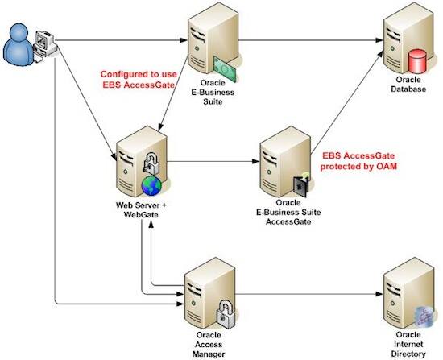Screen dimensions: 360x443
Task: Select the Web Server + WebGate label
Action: coord(139,211)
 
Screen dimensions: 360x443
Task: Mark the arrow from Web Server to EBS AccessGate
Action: coord(209,161)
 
